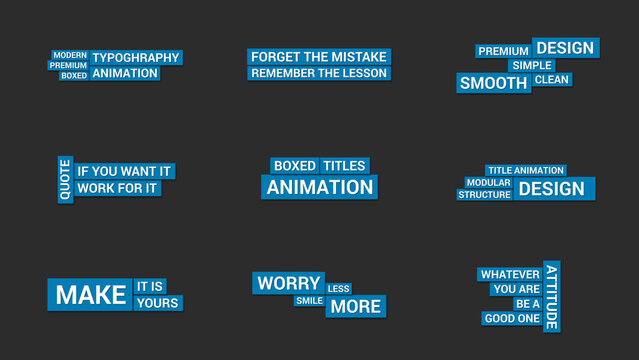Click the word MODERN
[70, 55]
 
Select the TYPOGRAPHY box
[136, 57]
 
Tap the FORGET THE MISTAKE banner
[318, 57]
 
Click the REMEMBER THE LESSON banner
[318, 73]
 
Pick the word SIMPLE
[532, 65]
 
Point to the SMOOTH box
[494, 83]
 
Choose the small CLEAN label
[552, 79]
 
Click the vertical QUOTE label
[65, 179]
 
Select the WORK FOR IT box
[117, 188]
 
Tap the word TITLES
[344, 166]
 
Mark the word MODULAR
[488, 183]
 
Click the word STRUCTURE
[485, 195]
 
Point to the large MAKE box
[90, 294]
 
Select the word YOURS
[158, 303]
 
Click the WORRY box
[288, 283]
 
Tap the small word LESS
[339, 289]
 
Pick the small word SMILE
[309, 301]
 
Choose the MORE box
[356, 306]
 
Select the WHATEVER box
[510, 274]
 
